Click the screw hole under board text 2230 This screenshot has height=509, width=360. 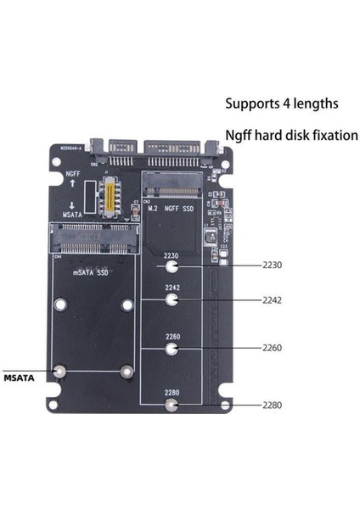click(x=172, y=266)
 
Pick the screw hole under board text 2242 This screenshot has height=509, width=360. click(x=172, y=299)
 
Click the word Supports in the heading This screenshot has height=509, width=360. click(x=252, y=103)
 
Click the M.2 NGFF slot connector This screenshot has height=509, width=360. click(x=175, y=182)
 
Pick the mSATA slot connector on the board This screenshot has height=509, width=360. click(x=91, y=246)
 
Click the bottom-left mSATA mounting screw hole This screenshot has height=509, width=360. click(x=60, y=371)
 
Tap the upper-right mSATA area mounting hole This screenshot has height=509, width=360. click(x=127, y=305)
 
